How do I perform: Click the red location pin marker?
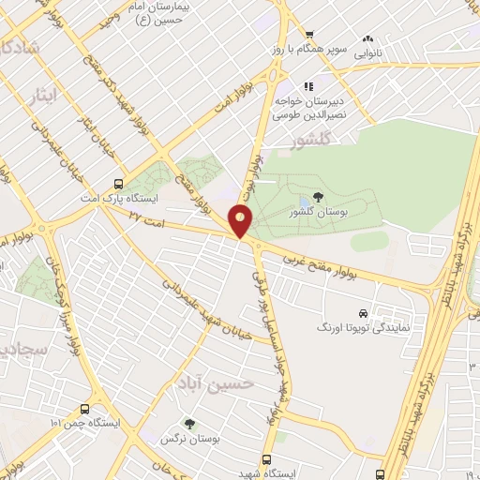click(242, 221)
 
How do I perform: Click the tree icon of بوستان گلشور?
click(318, 198)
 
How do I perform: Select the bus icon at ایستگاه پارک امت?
click(118, 184)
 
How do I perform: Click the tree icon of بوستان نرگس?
click(190, 424)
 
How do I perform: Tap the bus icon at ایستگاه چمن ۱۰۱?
click(85, 409)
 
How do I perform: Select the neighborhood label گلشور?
click(313, 142)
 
